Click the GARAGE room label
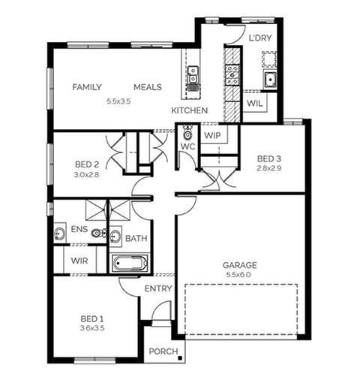tap(239, 265)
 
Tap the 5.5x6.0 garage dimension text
tap(238, 275)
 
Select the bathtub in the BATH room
tap(130, 263)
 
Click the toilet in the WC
tap(187, 132)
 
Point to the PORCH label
tap(163, 351)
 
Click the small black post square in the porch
tap(180, 358)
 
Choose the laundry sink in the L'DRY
tap(270, 80)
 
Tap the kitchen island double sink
tap(193, 74)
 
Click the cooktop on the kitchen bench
tap(232, 74)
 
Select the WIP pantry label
tap(213, 136)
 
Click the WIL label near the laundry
tap(255, 103)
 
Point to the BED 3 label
tap(269, 158)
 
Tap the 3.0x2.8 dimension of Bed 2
tap(86, 174)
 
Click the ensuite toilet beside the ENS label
tap(99, 234)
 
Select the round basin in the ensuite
tap(59, 234)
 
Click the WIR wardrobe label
tap(79, 261)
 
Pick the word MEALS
tap(148, 87)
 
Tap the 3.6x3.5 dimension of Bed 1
tap(92, 328)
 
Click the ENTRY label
tap(158, 288)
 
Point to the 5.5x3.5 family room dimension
tap(118, 101)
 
